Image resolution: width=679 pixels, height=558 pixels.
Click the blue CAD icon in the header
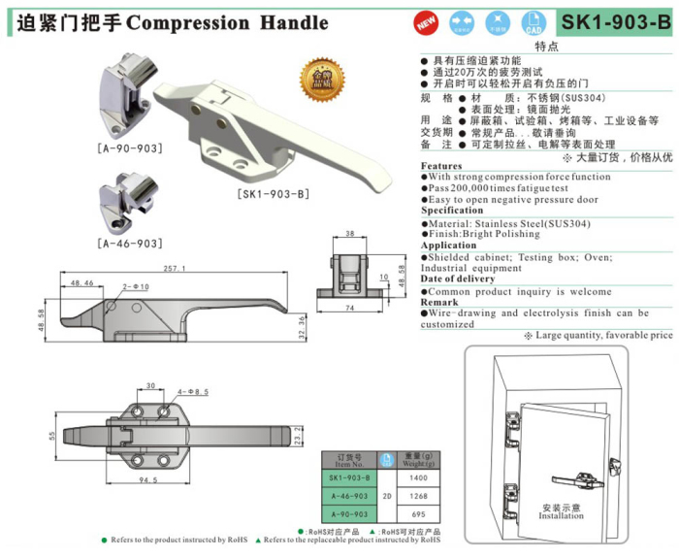[x=533, y=21]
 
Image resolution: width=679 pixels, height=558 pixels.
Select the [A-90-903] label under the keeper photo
[x=129, y=148]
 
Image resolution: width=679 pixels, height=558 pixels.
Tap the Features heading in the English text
[x=441, y=166]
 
